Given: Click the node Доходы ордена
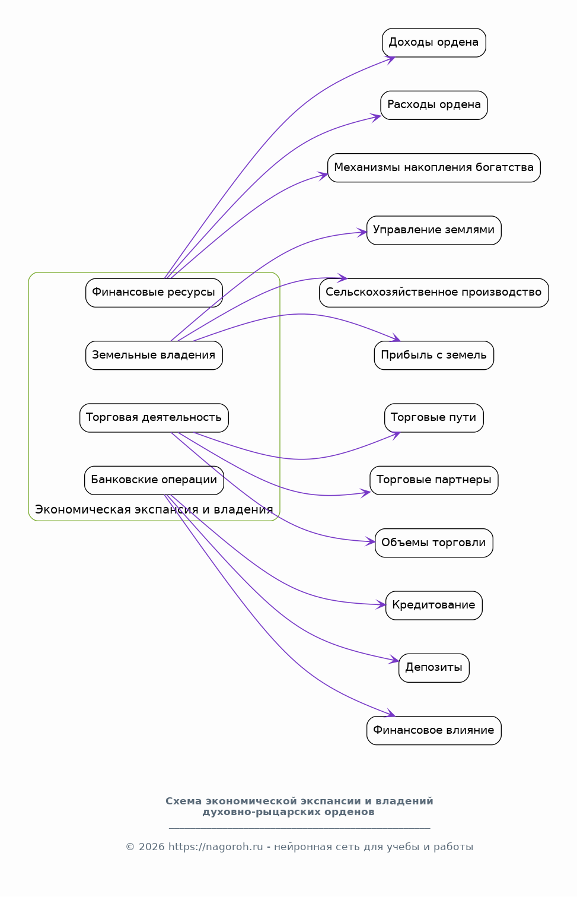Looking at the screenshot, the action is tap(433, 43).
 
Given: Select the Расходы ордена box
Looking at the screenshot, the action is tap(433, 105).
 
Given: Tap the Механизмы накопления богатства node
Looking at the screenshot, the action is tap(433, 167).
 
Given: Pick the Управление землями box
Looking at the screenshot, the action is tap(433, 230).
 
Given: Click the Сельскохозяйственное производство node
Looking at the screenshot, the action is tap(433, 292).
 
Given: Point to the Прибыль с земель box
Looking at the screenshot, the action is tap(433, 355).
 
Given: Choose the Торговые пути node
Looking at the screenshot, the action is tap(433, 417).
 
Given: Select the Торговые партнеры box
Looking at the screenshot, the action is tap(433, 480).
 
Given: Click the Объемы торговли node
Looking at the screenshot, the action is tap(433, 542).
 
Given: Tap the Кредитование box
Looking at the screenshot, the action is tap(433, 605).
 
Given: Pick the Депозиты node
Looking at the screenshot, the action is tap(433, 667).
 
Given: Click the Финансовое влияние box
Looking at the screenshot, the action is tap(433, 730).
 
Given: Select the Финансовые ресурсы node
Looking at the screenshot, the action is tap(154, 292).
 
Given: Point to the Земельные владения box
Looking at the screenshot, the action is tap(154, 355).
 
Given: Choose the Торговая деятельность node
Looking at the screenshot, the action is tap(154, 417).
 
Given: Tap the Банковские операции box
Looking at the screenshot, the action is tap(154, 480).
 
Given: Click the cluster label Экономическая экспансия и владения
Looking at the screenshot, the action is tap(154, 509).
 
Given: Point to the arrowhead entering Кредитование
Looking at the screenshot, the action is tap(381, 604).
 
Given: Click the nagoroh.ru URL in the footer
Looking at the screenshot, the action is tap(216, 847).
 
